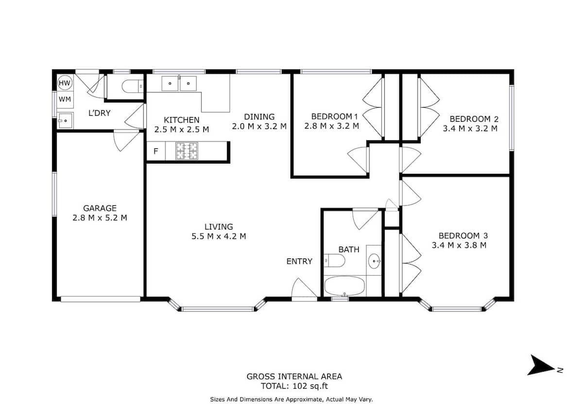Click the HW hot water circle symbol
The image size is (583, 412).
pos(65,83)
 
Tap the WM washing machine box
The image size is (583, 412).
pos(65,99)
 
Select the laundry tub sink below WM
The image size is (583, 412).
pos(65,120)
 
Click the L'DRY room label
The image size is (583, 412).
pos(100,113)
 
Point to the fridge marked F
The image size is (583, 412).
pos(156,151)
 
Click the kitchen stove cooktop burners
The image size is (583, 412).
pos(187,151)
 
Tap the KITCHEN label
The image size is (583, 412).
pos(181,120)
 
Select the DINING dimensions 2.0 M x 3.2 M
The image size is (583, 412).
pos(259,126)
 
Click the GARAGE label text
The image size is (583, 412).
pos(100,208)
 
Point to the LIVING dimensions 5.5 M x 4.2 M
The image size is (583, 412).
pos(219,236)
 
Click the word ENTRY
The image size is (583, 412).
pos(299,261)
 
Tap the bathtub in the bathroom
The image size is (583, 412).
pos(344,286)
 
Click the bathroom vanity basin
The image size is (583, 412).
pos(375,261)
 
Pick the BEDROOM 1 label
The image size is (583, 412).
pos(334,116)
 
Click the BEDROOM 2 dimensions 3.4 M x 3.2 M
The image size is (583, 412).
pos(470,129)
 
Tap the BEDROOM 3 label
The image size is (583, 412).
pos(463,235)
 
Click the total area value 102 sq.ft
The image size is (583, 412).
pos(310,386)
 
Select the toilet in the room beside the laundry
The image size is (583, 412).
pos(133,86)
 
